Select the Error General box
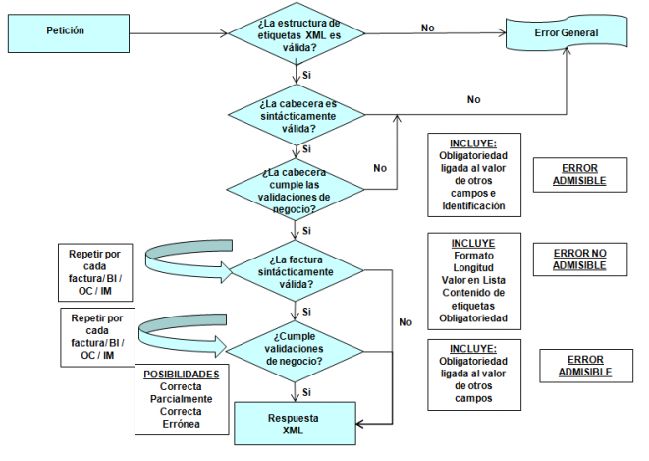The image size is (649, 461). pyautogui.click(x=566, y=33)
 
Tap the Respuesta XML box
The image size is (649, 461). pyautogui.click(x=296, y=425)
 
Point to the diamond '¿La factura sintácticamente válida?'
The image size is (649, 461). pyautogui.click(x=296, y=270)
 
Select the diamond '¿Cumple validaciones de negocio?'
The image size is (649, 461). pyautogui.click(x=296, y=346)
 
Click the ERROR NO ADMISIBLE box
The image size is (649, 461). pyautogui.click(x=578, y=259)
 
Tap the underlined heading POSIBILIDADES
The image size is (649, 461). pyautogui.click(x=181, y=375)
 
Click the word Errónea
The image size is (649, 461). pyautogui.click(x=181, y=424)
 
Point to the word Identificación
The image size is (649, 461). pyautogui.click(x=473, y=206)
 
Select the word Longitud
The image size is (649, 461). pyautogui.click(x=473, y=266)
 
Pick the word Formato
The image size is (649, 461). pyautogui.click(x=473, y=254)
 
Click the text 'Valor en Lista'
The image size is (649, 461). pyautogui.click(x=473, y=279)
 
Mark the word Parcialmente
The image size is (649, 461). pyautogui.click(x=181, y=399)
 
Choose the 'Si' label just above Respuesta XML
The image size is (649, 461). pyautogui.click(x=307, y=390)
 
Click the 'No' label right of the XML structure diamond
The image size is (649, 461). pyautogui.click(x=427, y=28)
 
